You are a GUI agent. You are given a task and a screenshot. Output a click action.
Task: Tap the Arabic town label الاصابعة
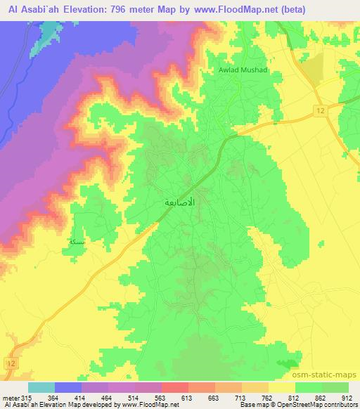179,202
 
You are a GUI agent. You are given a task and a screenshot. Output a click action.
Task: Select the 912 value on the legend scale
347,397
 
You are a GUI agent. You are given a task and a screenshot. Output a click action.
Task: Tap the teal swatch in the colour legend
41,387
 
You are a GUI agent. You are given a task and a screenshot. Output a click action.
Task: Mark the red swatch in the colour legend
175,387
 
